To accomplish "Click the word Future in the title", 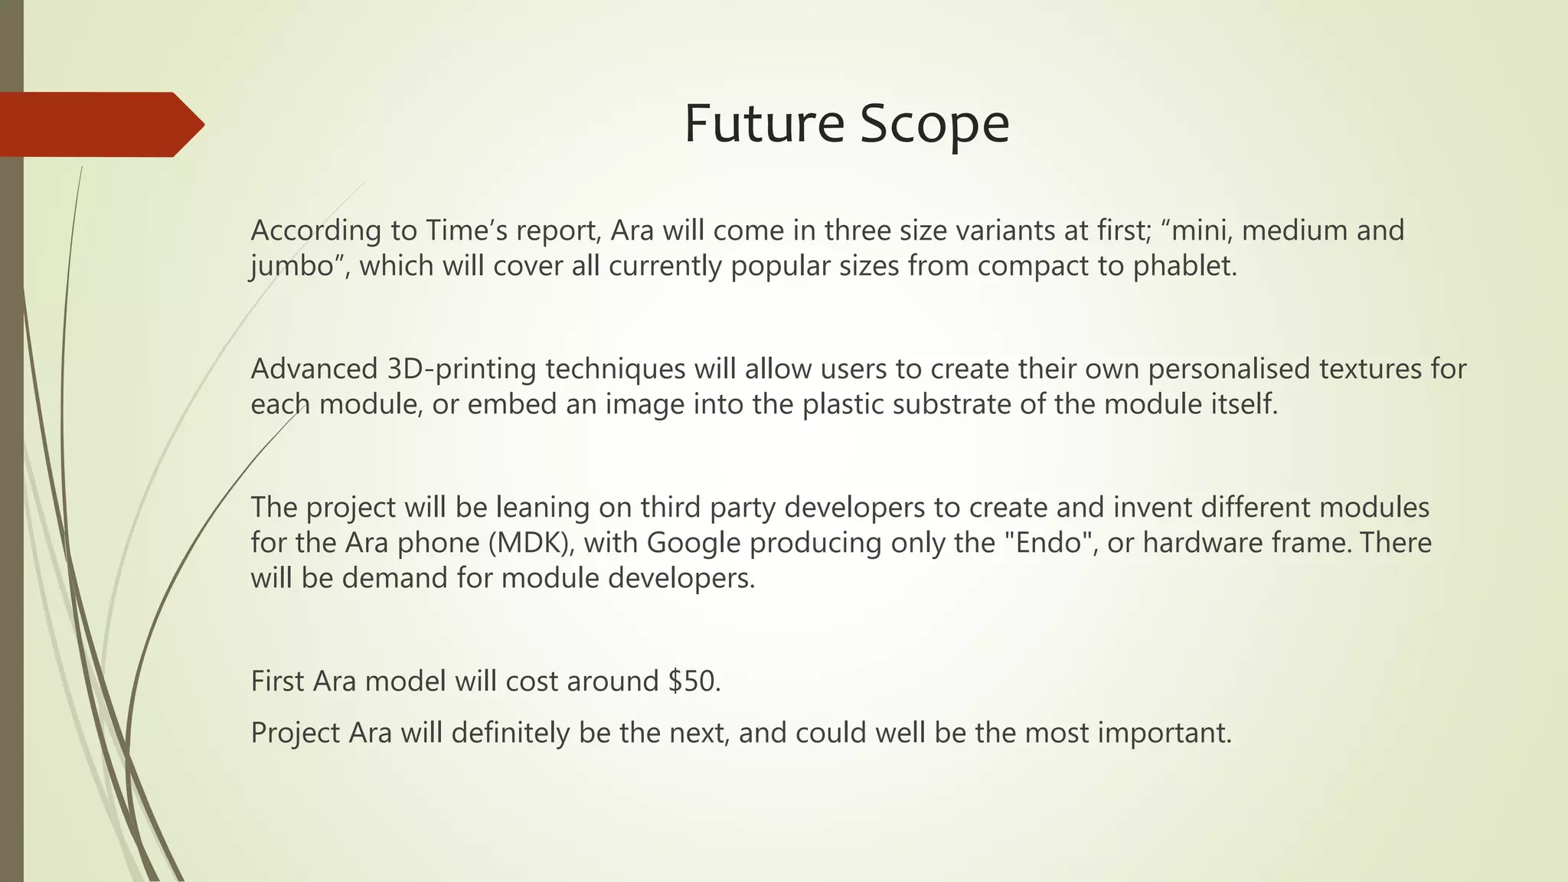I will (764, 123).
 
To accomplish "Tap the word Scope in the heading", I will (934, 125).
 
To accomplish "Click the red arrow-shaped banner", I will (100, 124).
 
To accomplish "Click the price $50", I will (694, 681).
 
